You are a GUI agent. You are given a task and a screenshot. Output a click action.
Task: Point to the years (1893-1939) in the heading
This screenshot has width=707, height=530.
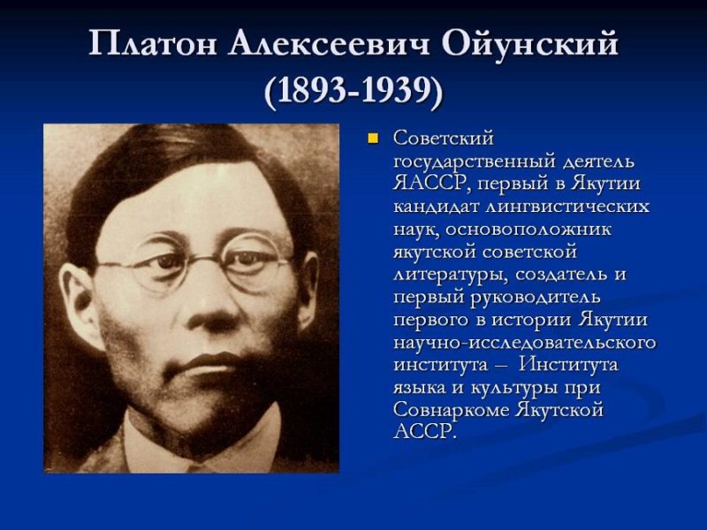pos(353,92)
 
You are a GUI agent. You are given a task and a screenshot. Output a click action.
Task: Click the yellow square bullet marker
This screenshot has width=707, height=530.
pos(373,138)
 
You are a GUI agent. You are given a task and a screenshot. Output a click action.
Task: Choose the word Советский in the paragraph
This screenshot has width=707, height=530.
pos(443,139)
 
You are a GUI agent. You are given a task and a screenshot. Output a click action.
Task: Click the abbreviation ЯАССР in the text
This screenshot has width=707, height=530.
pos(428,184)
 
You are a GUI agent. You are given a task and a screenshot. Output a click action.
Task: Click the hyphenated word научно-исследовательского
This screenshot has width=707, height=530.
pos(524,341)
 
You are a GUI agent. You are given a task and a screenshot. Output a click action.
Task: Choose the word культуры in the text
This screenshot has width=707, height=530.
pos(513,386)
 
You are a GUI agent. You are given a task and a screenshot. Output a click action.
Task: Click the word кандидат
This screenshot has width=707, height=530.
pos(435,207)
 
